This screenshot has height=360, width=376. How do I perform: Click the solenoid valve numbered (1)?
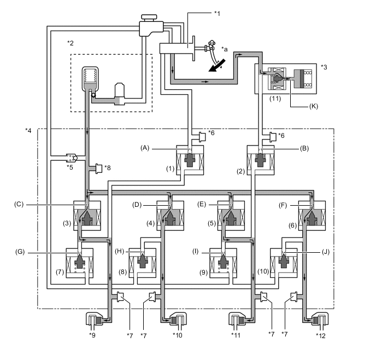pos(190,160)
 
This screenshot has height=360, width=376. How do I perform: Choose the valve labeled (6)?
pos(312,216)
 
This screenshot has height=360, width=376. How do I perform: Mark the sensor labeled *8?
pos(98,167)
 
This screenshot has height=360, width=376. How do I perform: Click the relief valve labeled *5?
pos(71,159)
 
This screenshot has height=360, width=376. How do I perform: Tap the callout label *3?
pos(325,67)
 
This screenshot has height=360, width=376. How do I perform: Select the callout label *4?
pos(28,131)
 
